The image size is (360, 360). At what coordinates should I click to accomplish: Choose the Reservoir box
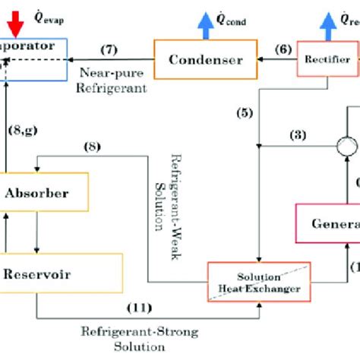(61, 272)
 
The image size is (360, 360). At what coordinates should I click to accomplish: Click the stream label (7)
(109, 50)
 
